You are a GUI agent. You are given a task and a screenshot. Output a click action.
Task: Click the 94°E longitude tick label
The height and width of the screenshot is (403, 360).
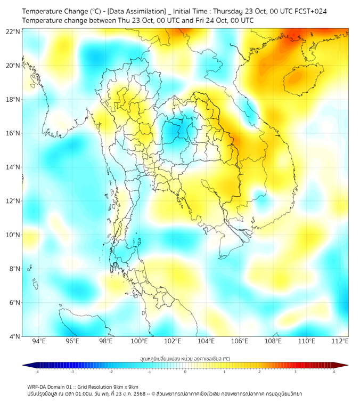[x=39, y=342]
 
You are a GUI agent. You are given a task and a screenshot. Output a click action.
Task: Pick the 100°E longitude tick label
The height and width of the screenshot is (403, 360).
[x=140, y=342]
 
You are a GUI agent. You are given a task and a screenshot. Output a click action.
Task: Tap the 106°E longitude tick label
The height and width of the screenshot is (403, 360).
[x=240, y=342]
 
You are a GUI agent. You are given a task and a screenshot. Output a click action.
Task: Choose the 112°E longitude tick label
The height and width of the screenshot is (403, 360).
[x=340, y=342]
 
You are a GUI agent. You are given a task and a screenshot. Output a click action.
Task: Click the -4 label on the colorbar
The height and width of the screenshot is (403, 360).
[x=37, y=372]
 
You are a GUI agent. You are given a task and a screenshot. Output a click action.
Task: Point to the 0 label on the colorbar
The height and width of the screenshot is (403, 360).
[x=185, y=372]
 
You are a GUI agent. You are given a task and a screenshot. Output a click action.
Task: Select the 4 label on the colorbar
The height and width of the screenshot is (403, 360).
[x=334, y=372]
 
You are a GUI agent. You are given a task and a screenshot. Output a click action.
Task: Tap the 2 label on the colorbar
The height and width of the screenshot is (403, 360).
[x=259, y=372]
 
